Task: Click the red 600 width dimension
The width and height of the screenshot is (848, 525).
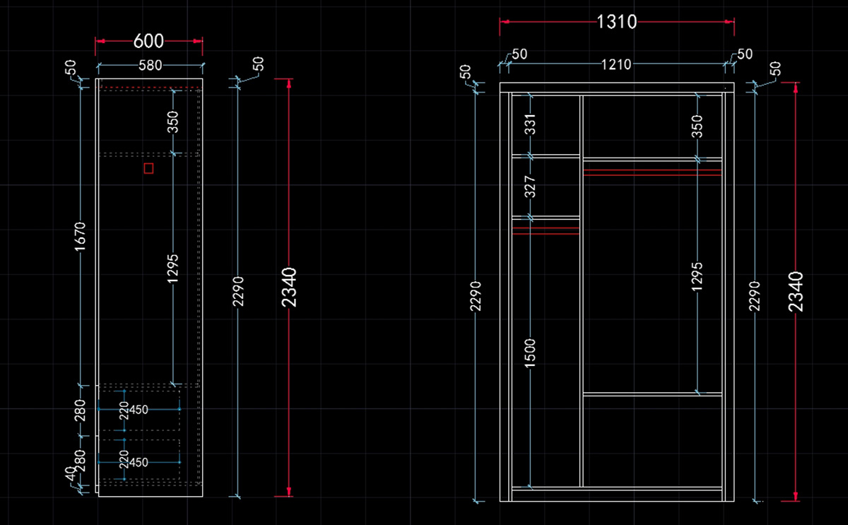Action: pos(148,41)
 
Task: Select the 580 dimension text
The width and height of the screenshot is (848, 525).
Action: pos(150,66)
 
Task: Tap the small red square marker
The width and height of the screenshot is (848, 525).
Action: pos(148,167)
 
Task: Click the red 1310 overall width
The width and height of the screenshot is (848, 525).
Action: pos(617,22)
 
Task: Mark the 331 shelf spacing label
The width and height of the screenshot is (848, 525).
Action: pos(531,124)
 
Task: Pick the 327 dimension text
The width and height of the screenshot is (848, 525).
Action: pos(531,186)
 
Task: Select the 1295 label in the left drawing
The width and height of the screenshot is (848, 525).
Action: pos(174,269)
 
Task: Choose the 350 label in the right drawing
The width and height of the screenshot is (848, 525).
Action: pos(697,126)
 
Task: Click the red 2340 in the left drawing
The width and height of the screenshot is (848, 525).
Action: pos(289,287)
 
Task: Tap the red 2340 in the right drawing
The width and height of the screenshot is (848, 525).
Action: pos(796,291)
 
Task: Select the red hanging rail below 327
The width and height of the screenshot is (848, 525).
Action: pos(546,230)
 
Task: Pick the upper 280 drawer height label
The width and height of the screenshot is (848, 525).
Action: pos(81,410)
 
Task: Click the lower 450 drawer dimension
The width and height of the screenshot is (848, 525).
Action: pos(139,463)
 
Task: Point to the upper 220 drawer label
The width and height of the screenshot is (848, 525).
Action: pos(124,411)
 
